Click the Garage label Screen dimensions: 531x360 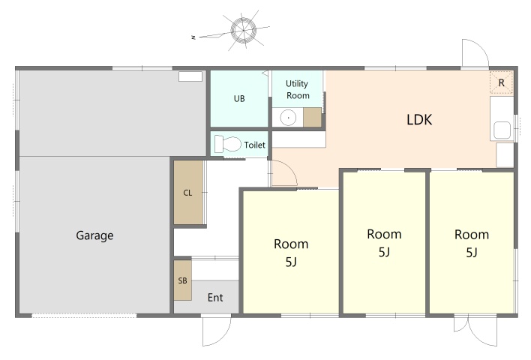tap(94, 235)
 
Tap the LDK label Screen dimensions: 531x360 tap(419, 120)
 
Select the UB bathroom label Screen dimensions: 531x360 tap(239, 98)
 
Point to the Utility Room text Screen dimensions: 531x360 tap(297, 89)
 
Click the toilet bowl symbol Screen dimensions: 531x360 tap(227, 144)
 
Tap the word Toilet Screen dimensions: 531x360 tap(255, 145)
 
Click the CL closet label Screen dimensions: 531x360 tap(187, 193)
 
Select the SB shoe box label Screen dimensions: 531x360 tap(182, 280)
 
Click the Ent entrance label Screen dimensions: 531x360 tap(215, 297)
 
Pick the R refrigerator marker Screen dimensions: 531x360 tap(502, 82)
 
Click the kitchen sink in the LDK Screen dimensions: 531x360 tap(502, 130)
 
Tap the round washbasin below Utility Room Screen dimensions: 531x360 tap(288, 118)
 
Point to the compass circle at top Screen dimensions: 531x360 tap(244, 31)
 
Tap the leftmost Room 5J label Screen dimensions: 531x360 tap(291, 253)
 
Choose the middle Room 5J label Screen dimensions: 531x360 tap(384, 243)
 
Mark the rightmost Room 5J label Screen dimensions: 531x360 tap(472, 243)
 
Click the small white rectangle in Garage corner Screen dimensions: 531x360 tap(190, 76)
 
